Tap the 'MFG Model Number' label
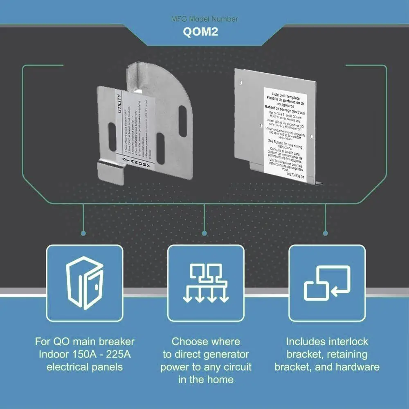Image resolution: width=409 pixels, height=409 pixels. click(x=204, y=19)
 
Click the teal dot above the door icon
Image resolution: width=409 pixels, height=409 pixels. click(x=83, y=233)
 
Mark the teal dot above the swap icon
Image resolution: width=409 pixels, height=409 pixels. click(x=326, y=233)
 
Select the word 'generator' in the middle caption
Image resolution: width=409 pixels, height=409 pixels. click(x=228, y=354)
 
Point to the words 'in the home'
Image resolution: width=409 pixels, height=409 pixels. click(x=206, y=380)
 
